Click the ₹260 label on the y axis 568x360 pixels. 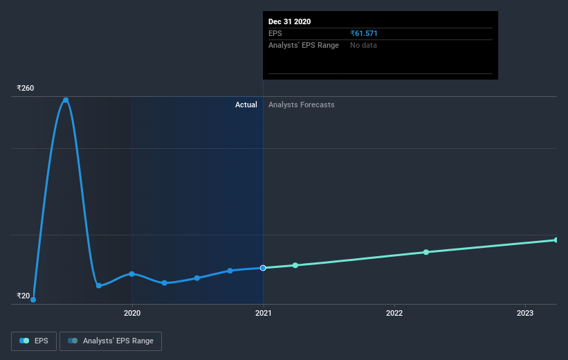26,89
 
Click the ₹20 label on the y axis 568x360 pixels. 24,296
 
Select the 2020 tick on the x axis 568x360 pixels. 132,313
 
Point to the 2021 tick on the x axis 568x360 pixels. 263,313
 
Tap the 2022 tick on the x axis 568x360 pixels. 394,313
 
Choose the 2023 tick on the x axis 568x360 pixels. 525,313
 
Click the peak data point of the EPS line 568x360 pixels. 66,100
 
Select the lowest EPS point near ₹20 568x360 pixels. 33,300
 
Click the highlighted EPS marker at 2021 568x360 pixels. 263,268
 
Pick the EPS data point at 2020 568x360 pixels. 131,273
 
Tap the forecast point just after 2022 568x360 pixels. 426,252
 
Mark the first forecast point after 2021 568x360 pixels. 295,265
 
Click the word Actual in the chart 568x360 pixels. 246,105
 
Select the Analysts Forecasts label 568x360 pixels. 301,105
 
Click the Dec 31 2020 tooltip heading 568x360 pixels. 289,21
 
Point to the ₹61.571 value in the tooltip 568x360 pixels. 364,33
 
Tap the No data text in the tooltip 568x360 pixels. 364,46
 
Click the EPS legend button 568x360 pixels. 34,341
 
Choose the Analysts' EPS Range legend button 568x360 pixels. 111,341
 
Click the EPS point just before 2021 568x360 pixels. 230,271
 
